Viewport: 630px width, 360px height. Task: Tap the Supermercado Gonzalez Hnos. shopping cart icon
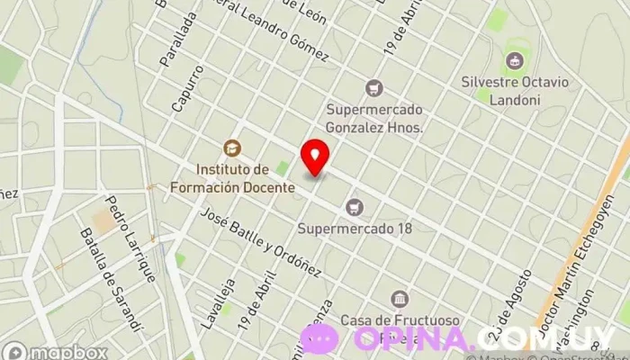(373, 88)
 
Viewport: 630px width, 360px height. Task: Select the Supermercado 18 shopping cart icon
(355, 207)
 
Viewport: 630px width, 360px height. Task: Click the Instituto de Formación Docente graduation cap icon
(232, 148)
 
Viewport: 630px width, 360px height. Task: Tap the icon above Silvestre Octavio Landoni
(514, 60)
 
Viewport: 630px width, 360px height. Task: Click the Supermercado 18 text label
(355, 229)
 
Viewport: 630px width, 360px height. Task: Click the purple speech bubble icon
(319, 339)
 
